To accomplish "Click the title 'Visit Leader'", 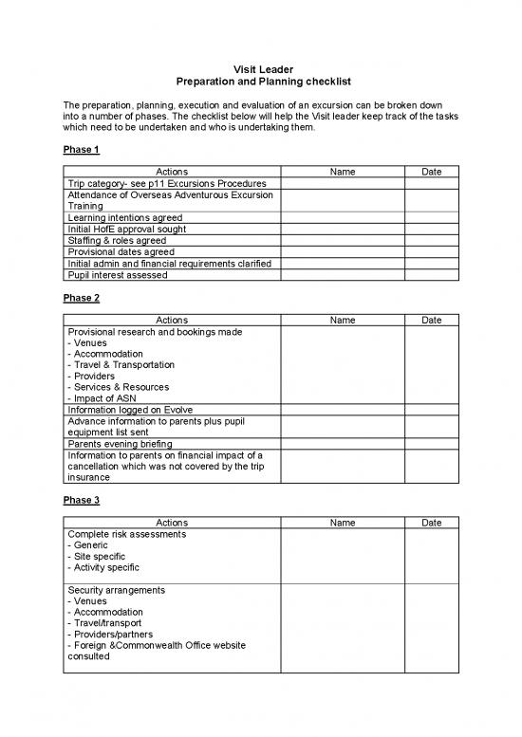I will coord(260,69).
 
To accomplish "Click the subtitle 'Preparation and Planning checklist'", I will coord(260,83).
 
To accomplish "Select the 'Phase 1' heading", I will coord(81,150).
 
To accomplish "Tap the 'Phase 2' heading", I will coord(81,298).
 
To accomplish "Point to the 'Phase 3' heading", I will coord(81,501).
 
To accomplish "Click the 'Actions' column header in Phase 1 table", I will coord(171,172).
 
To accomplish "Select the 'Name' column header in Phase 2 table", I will coord(342,320).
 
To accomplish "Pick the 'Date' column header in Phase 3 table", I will coord(431,523).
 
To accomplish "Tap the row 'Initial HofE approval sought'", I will coord(125,229).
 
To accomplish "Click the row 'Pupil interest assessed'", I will coord(117,274).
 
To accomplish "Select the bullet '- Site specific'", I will coord(99,556).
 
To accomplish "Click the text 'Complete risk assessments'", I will coord(126,534).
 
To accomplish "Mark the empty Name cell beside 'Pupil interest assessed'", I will coord(342,274).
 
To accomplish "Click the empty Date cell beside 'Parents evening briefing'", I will coord(431,443).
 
